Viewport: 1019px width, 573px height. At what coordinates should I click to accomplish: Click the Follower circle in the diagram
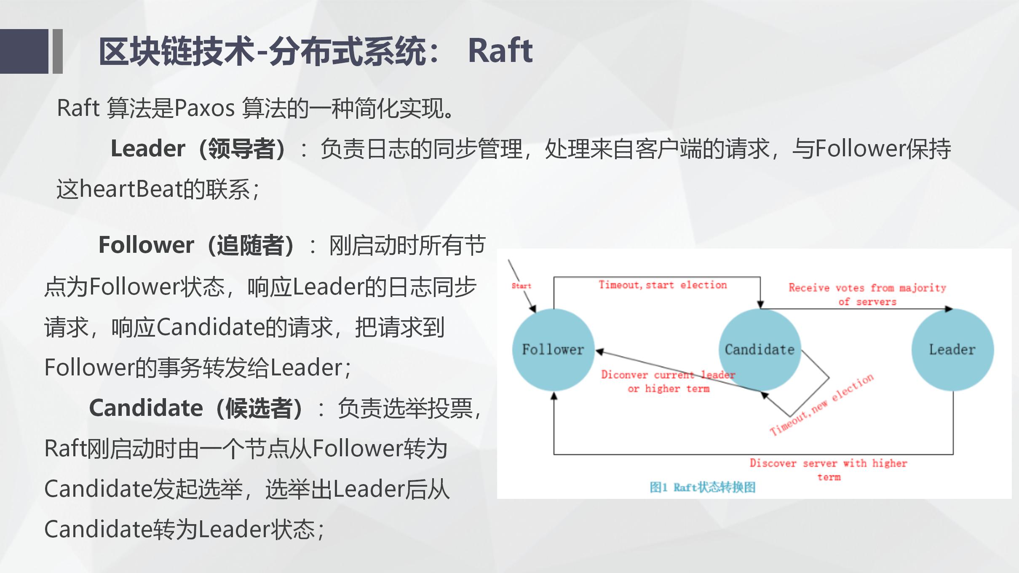coord(553,349)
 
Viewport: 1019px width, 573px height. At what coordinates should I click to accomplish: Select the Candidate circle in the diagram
coord(760,349)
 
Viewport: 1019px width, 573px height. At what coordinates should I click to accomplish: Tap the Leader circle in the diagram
coord(952,349)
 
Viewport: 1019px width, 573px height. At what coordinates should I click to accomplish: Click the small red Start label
coord(521,286)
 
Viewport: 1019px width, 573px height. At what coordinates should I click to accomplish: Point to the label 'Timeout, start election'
coord(663,285)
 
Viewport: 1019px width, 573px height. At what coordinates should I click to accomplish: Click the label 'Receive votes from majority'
coord(867,288)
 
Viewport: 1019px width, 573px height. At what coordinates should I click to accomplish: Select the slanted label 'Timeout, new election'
coord(821,404)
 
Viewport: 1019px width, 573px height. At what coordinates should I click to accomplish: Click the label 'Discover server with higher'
coord(828,463)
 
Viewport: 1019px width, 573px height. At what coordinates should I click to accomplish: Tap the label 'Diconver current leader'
coord(668,375)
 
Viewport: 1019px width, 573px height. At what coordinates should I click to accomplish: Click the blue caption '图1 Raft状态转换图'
coord(702,487)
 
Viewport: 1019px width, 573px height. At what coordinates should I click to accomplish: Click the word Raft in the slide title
coord(500,51)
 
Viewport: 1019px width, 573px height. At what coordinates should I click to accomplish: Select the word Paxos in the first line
coord(204,108)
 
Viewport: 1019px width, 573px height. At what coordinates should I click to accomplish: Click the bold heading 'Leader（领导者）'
coord(198,149)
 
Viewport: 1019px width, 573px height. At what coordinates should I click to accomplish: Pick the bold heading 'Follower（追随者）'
coord(196,245)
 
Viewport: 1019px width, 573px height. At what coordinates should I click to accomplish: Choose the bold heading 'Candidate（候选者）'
coord(196,408)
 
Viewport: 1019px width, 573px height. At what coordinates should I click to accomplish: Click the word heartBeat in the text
coord(131,189)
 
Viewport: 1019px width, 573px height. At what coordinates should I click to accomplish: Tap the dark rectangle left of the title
coord(24,51)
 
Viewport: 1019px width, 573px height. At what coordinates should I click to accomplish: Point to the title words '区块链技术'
coord(177,51)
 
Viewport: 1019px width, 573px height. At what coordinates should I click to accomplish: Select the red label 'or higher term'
coord(669,388)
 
